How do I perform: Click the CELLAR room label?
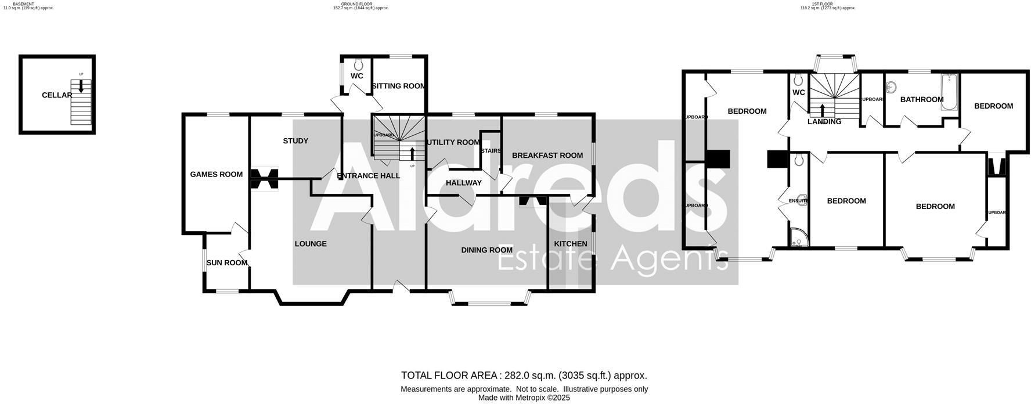coord(56,95)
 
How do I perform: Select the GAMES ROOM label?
coord(216,174)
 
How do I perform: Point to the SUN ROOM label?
coord(227,262)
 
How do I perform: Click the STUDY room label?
coord(295,141)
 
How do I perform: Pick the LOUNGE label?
coord(311,244)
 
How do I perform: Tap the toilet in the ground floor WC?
coord(358,64)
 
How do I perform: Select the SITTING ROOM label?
coord(399,86)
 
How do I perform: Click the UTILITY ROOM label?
coord(453,142)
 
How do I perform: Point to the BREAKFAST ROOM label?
coord(547,155)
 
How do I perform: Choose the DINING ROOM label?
coord(486,250)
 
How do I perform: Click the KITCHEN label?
coord(570,244)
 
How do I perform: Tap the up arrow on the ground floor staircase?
coord(412,154)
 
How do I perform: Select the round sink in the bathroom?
coord(892,88)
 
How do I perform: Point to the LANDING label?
coord(824,122)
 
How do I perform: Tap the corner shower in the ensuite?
coord(798,237)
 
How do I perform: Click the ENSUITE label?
coord(798,201)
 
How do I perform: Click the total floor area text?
coord(524,376)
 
